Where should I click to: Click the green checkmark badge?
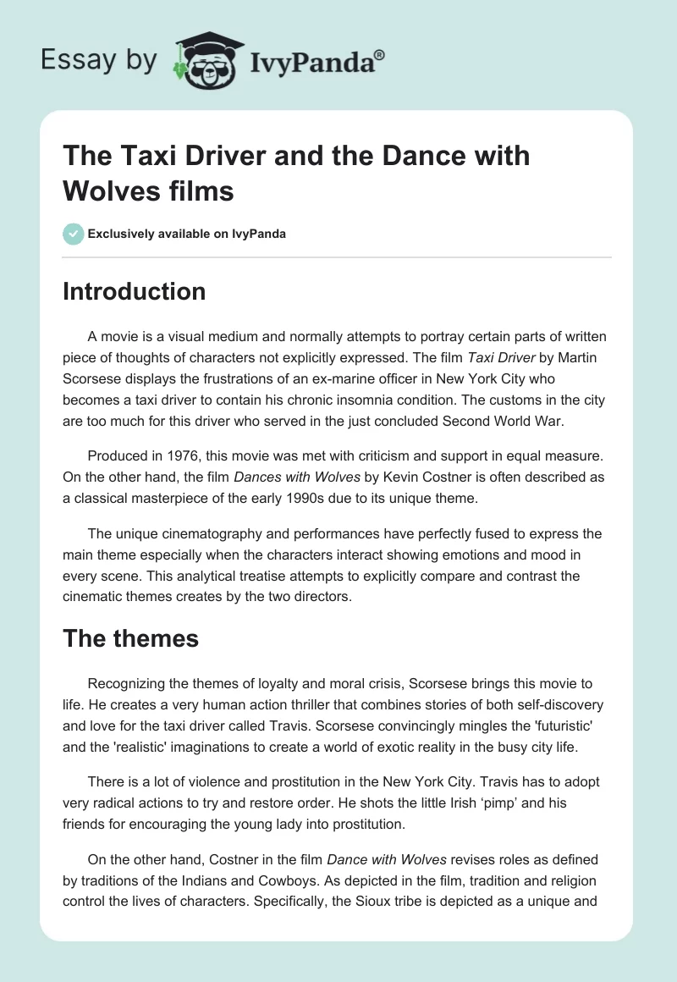point(73,234)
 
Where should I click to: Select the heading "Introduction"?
point(135,291)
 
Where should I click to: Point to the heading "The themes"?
point(131,637)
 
